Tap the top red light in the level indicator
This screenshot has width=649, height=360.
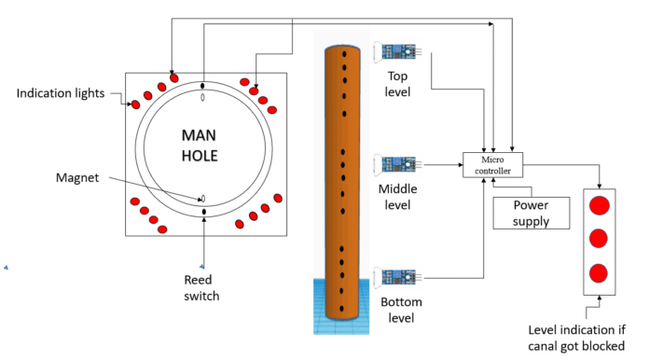pyautogui.click(x=600, y=204)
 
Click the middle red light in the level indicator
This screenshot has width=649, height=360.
pyautogui.click(x=600, y=239)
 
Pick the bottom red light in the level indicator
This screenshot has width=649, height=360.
pyautogui.click(x=600, y=273)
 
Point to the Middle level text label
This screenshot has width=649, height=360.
pyautogui.click(x=399, y=196)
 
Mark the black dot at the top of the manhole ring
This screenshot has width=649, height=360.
pyautogui.click(x=203, y=88)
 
